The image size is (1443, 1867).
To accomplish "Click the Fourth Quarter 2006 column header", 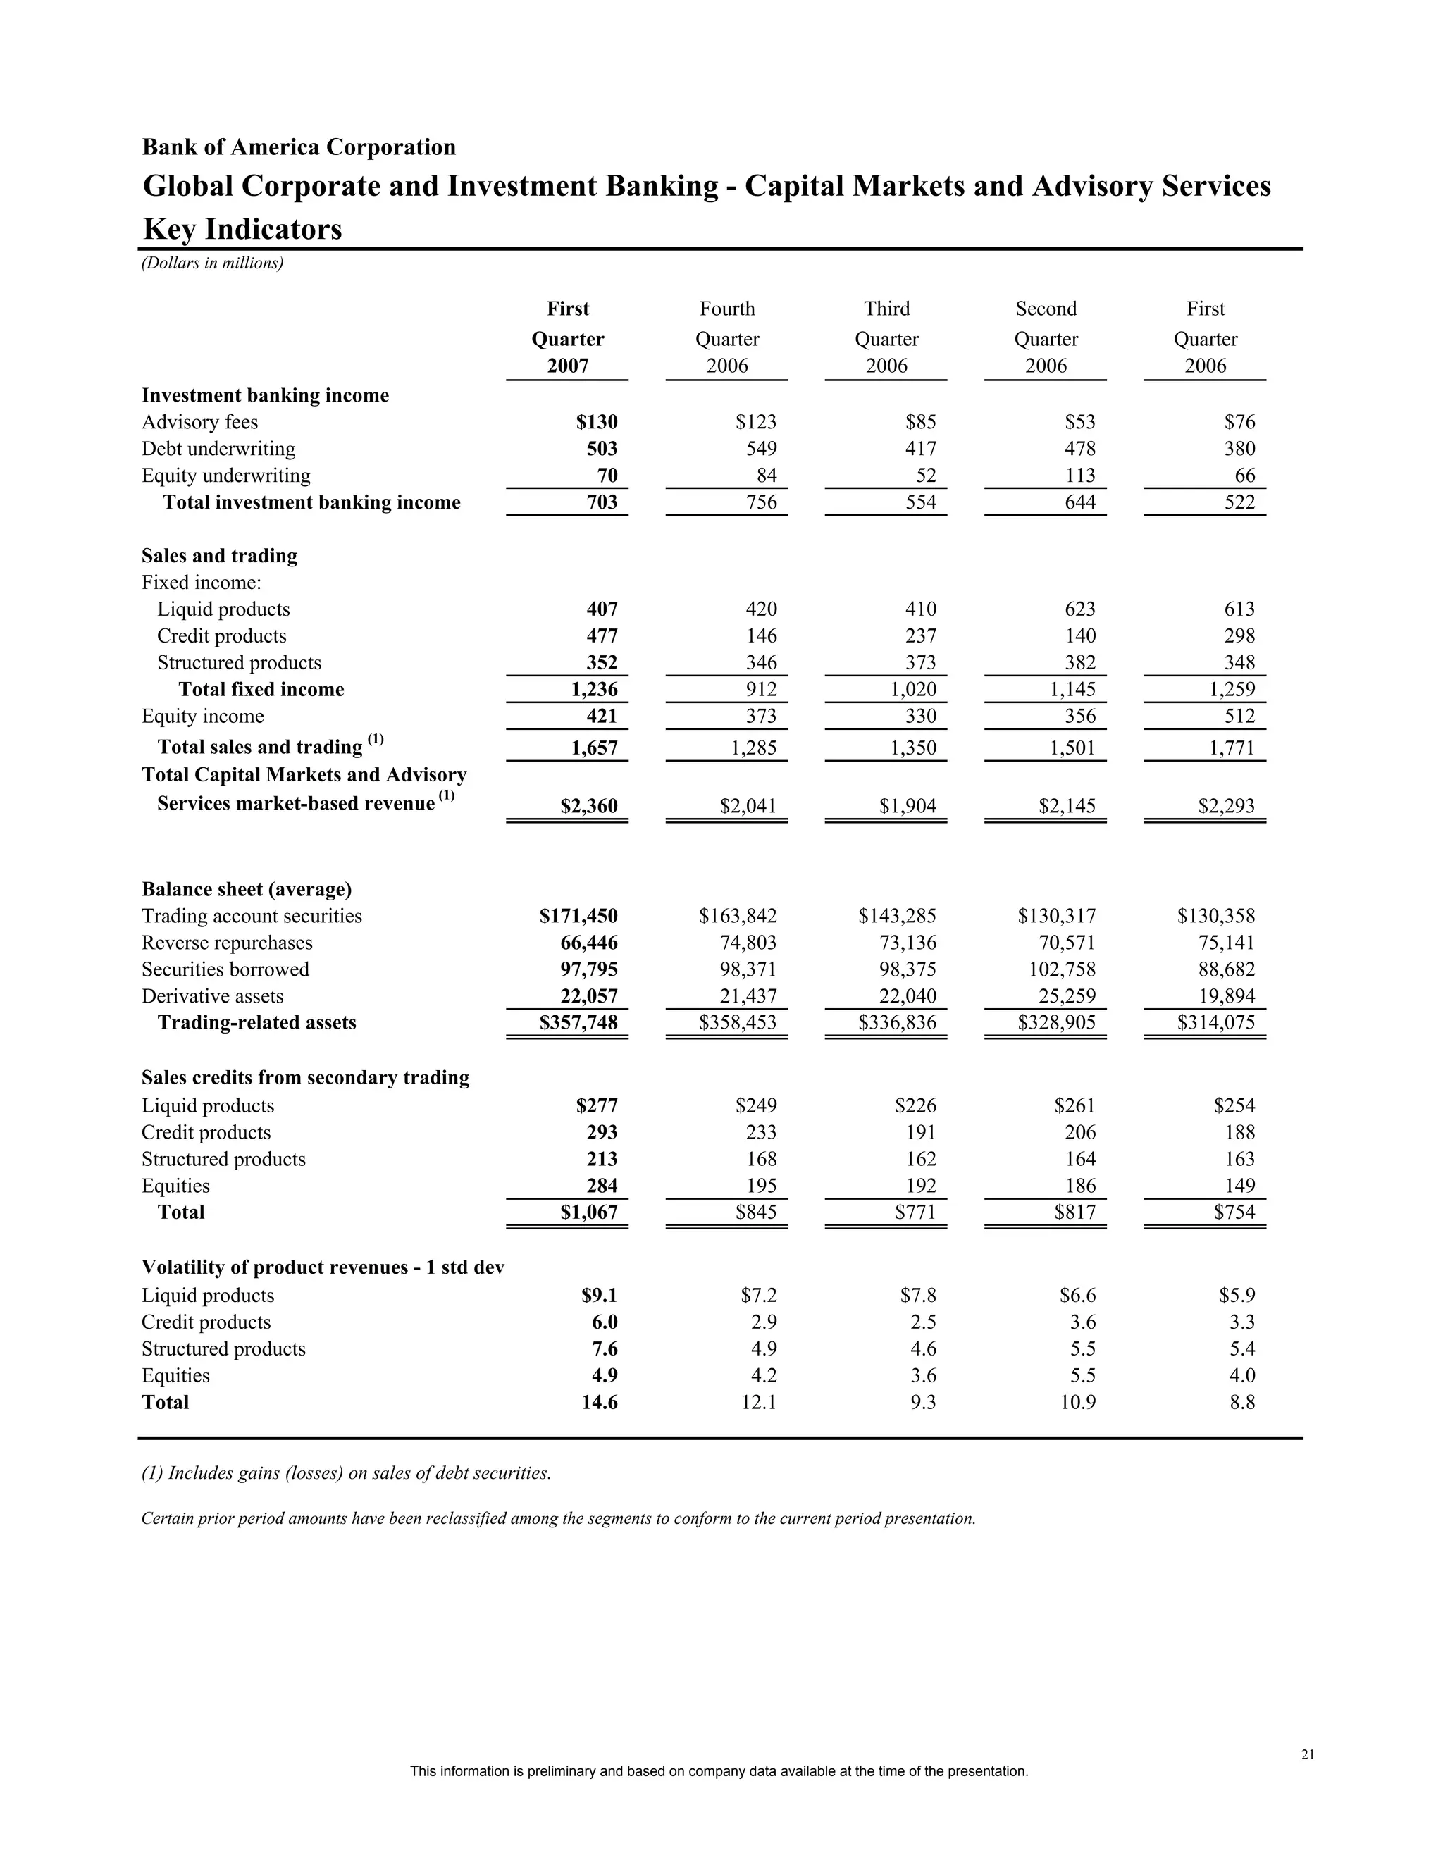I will point(726,337).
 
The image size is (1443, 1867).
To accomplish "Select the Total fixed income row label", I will point(261,689).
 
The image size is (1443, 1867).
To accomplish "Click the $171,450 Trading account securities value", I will point(578,917).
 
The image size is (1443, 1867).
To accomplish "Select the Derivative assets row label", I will point(212,996).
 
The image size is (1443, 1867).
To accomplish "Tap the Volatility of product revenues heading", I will point(322,1267).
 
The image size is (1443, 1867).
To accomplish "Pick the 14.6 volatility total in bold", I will point(600,1402).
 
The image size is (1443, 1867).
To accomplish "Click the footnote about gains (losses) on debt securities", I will point(345,1473).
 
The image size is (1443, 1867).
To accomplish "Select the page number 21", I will point(1307,1755).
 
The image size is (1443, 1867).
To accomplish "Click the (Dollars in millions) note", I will point(212,263).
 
